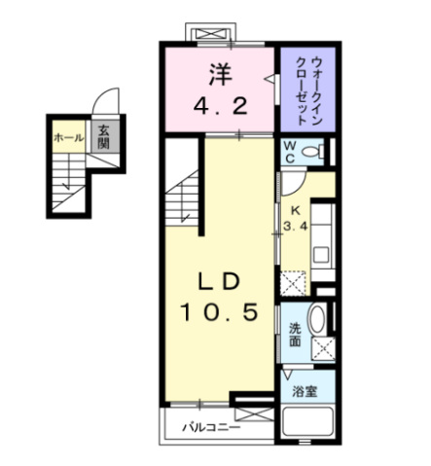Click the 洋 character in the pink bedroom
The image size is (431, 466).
point(221,74)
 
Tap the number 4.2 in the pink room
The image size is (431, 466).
point(221,106)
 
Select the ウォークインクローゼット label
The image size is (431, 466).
point(307,90)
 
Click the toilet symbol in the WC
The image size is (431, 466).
point(312,151)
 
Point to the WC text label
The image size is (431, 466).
point(290,152)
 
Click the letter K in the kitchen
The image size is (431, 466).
point(295,211)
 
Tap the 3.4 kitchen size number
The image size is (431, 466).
point(295,226)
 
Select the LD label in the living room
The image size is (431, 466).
point(219,281)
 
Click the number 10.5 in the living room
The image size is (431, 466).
point(220,312)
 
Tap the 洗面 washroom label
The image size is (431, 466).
point(295,335)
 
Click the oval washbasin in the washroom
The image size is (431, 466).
point(316,319)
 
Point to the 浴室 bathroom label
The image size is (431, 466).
point(305,391)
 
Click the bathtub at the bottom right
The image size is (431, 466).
point(307,421)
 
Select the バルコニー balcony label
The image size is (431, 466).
point(211,427)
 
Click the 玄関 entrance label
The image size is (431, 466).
point(103,136)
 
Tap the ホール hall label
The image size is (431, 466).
point(68,138)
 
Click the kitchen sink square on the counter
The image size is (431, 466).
point(321,255)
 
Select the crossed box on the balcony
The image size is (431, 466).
point(254,414)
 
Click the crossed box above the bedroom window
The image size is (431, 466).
point(211,34)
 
